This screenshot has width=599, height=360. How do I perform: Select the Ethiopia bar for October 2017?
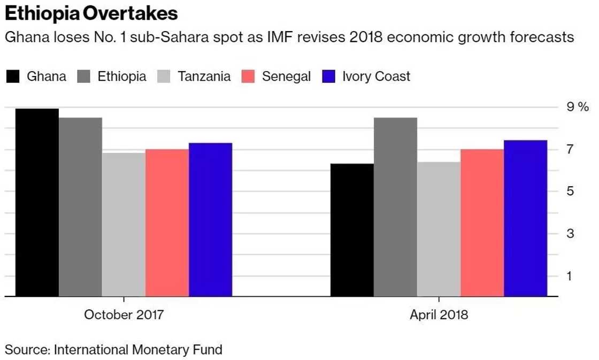pyautogui.click(x=80, y=206)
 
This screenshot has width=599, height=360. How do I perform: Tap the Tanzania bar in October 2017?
pyautogui.click(x=124, y=224)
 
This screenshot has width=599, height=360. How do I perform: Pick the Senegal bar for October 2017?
pyautogui.click(x=167, y=223)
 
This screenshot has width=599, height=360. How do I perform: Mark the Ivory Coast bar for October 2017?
pyautogui.click(x=210, y=219)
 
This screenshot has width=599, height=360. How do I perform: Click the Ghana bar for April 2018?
pyautogui.click(x=352, y=229)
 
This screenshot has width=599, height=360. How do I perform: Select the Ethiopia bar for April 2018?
pyautogui.click(x=395, y=206)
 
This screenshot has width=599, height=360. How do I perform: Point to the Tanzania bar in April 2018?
pyautogui.click(x=439, y=229)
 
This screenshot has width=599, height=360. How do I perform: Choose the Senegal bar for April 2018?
pyautogui.click(x=482, y=223)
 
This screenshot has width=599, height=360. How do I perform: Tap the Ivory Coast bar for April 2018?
pyautogui.click(x=525, y=218)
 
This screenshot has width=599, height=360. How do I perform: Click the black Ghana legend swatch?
pyautogui.click(x=13, y=76)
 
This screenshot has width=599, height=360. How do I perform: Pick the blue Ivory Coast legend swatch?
pyautogui.click(x=328, y=76)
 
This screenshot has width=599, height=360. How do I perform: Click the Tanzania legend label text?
pyautogui.click(x=204, y=76)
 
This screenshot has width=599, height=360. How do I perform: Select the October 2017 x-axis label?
pyautogui.click(x=124, y=315)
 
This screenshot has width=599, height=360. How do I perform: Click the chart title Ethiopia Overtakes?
pyautogui.click(x=91, y=13)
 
